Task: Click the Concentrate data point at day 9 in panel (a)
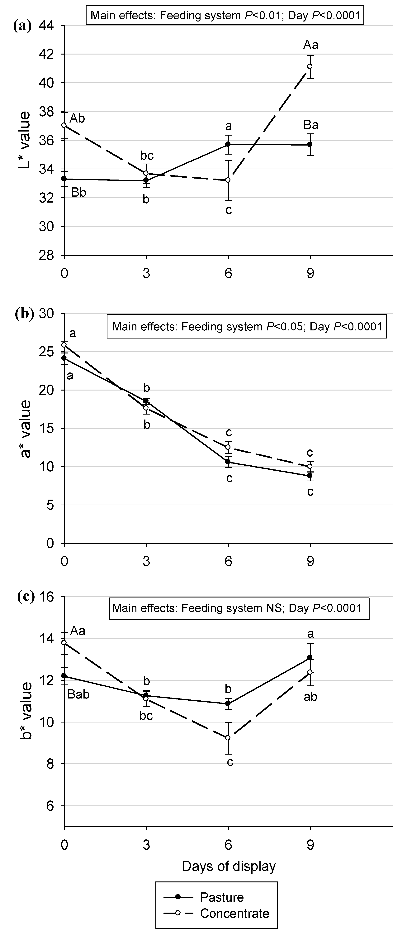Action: pyautogui.click(x=310, y=66)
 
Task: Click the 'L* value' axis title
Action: pyautogui.click(x=25, y=140)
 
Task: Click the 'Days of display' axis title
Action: pyautogui.click(x=229, y=866)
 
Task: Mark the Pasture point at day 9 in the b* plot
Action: pyautogui.click(x=310, y=657)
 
